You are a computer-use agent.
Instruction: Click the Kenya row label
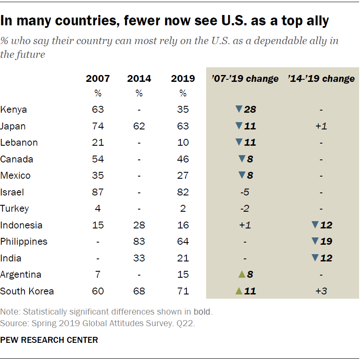[14, 109]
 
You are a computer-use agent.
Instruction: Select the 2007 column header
[98, 78]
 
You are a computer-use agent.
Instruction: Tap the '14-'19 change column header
[321, 78]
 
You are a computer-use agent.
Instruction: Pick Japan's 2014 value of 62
[139, 126]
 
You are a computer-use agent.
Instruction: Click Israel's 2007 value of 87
[98, 192]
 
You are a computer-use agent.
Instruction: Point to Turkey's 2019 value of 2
[183, 209]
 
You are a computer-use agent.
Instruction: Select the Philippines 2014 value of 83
[139, 242]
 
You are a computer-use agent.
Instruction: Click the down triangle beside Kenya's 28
[239, 109]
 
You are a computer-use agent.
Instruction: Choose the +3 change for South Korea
[321, 291]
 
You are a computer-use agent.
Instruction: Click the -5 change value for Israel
[245, 192]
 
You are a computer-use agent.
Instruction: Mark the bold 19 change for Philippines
[326, 242]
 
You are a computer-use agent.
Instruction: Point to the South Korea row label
[27, 291]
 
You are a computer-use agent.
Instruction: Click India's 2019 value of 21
[183, 258]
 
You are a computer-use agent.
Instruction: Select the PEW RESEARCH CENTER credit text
[49, 340]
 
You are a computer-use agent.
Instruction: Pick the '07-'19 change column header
[245, 78]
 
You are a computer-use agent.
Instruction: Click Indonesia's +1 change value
[245, 225]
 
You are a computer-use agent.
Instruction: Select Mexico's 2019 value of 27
[183, 176]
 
